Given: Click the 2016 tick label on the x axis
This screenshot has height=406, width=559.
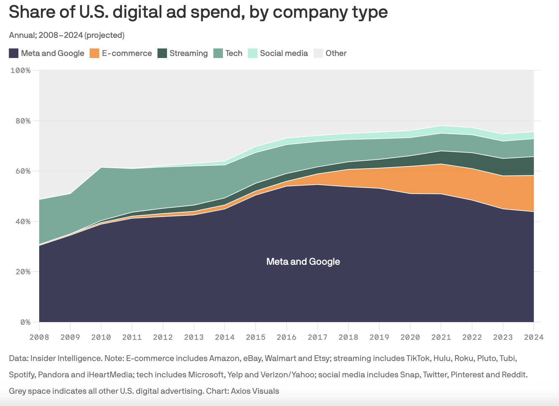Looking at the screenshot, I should click(x=287, y=337).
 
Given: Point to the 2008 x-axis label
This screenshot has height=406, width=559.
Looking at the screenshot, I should click(x=39, y=337).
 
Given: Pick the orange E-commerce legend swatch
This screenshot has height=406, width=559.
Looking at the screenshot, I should click(x=94, y=53).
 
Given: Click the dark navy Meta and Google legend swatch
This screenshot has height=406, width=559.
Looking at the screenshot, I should click(x=14, y=53).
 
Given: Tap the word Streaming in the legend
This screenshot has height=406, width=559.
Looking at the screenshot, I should click(x=188, y=53).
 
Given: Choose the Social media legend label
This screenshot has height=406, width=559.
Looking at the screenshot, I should click(x=284, y=53).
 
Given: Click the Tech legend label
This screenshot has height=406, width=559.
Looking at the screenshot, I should click(x=234, y=53).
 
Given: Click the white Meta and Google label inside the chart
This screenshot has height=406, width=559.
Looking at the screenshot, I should click(x=303, y=262).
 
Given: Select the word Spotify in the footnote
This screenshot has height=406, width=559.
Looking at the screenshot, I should click(x=22, y=375).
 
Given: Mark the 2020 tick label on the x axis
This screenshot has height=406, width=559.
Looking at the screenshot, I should click(x=410, y=337).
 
